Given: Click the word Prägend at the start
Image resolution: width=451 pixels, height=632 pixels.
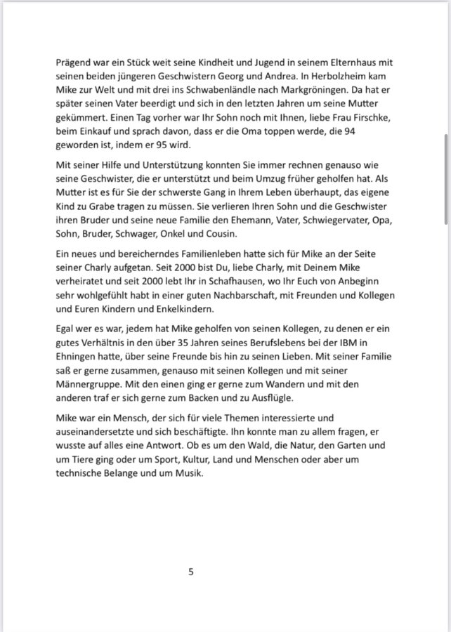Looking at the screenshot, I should pyautogui.click(x=77, y=62).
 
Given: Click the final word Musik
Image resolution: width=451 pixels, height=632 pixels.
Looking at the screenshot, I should pyautogui.click(x=188, y=474).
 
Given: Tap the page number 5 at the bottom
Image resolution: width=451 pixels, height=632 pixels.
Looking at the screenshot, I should pyautogui.click(x=190, y=572).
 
